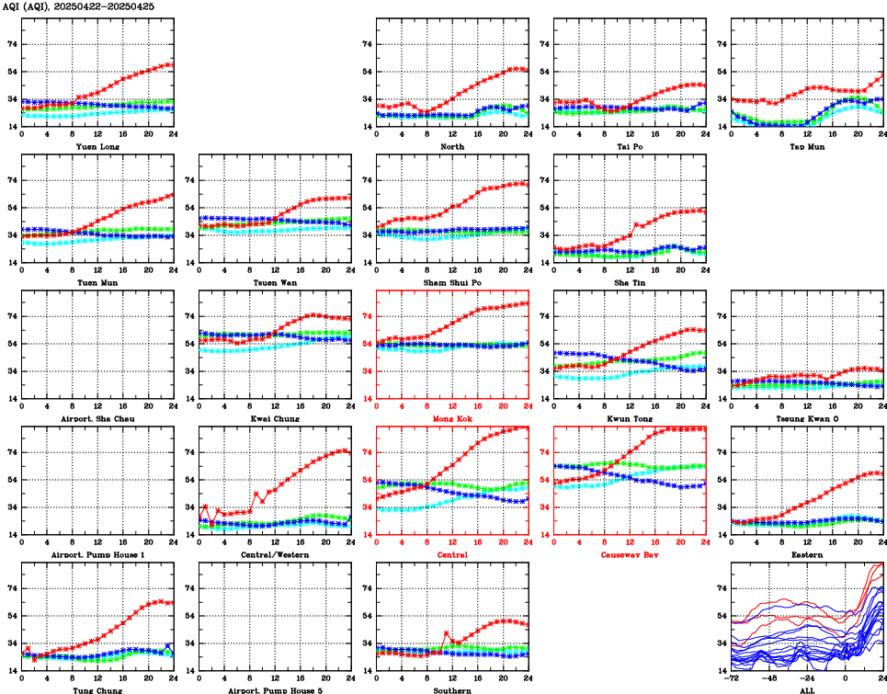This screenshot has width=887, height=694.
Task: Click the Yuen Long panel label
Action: click(x=97, y=146)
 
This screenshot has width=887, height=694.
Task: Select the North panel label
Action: click(x=452, y=146)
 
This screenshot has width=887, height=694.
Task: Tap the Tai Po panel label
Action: click(x=630, y=146)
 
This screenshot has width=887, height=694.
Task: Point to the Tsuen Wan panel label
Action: click(x=275, y=282)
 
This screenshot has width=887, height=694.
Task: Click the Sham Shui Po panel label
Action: click(x=452, y=282)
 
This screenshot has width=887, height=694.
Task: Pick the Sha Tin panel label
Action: click(x=630, y=282)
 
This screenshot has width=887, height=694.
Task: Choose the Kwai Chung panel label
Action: click(x=275, y=418)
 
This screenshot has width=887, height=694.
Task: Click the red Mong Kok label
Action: click(x=452, y=418)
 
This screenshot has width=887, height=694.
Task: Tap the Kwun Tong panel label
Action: click(x=630, y=418)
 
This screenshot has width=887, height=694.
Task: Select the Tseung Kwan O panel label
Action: click(x=807, y=418)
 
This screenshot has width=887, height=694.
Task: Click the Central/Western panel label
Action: click(x=275, y=554)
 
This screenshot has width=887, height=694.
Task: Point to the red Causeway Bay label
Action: click(x=630, y=554)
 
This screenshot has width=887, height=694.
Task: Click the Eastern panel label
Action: click(x=807, y=554)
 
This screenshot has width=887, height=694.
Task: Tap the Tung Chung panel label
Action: click(x=97, y=689)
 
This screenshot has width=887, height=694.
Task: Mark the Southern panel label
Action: click(x=452, y=689)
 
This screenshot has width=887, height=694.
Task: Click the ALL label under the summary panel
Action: click(x=807, y=689)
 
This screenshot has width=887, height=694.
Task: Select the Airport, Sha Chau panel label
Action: click(x=97, y=418)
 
